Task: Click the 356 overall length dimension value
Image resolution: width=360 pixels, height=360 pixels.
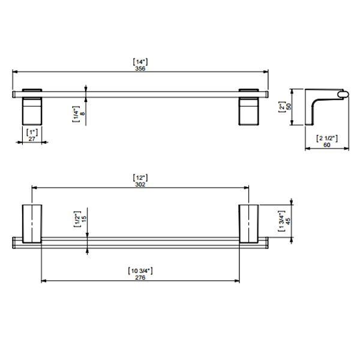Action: pyautogui.click(x=140, y=69)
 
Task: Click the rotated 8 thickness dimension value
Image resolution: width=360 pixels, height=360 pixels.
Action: pyautogui.click(x=83, y=112)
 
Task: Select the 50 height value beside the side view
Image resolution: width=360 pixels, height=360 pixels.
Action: pyautogui.click(x=287, y=106)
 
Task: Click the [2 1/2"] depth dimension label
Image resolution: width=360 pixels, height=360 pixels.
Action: pyautogui.click(x=327, y=138)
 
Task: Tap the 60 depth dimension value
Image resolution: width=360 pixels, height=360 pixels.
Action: pyautogui.click(x=327, y=145)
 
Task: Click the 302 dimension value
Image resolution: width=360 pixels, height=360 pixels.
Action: pyautogui.click(x=140, y=185)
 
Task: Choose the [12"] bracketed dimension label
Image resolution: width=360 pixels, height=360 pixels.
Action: pyautogui.click(x=140, y=178)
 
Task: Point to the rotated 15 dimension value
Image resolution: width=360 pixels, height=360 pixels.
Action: pyautogui.click(x=84, y=220)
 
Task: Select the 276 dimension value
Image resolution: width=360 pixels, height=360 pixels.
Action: pyautogui.click(x=140, y=278)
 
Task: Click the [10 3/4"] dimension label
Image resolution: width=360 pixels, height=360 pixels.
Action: pyautogui.click(x=140, y=271)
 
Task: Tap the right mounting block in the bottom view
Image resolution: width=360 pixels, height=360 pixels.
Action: pyautogui.click(x=249, y=223)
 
